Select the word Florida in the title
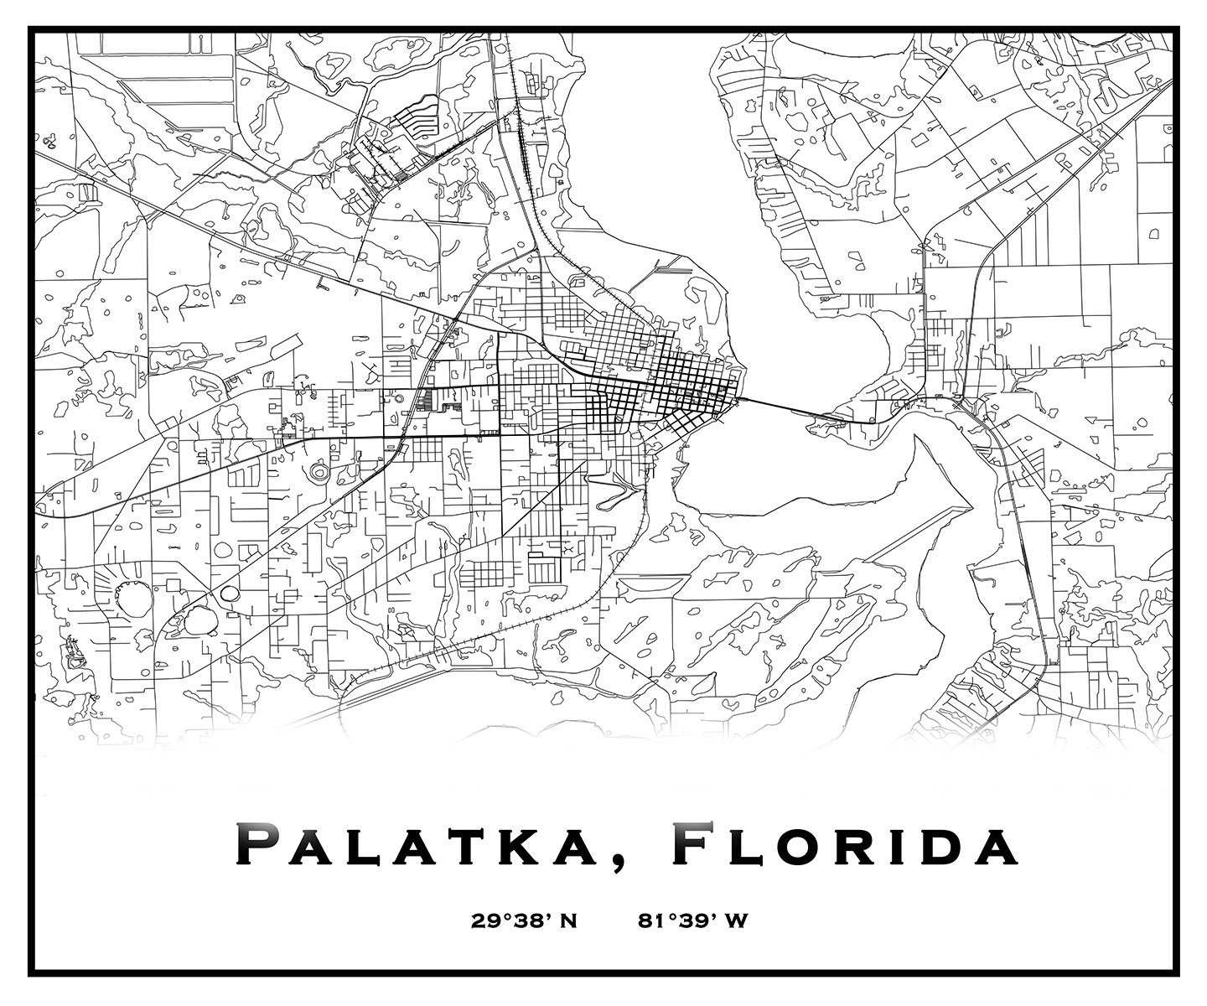pyautogui.click(x=847, y=847)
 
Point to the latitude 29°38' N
pyautogui.click(x=524, y=921)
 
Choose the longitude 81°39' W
pyautogui.click(x=692, y=921)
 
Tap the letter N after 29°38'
pyautogui.click(x=569, y=921)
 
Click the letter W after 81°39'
pyautogui.click(x=736, y=921)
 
